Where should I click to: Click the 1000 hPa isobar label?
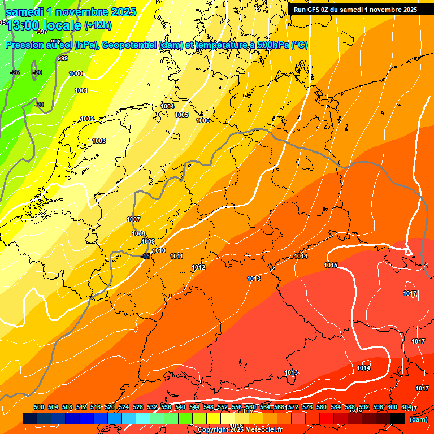point(76,73)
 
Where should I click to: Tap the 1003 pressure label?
point(99,141)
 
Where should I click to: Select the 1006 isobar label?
point(203,120)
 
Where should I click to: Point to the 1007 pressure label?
point(133,219)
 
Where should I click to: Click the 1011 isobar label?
point(176,257)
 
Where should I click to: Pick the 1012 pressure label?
point(198,267)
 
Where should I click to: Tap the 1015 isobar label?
point(331,266)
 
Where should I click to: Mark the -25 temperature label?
point(15,72)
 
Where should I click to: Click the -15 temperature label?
point(146,256)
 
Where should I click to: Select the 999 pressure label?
point(63,59)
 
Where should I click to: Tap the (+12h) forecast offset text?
point(98,25)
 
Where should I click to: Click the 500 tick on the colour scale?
point(39,407)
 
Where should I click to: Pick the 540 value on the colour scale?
point(180,407)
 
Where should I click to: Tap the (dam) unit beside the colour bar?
point(418,419)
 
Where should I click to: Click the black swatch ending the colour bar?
point(397,418)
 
